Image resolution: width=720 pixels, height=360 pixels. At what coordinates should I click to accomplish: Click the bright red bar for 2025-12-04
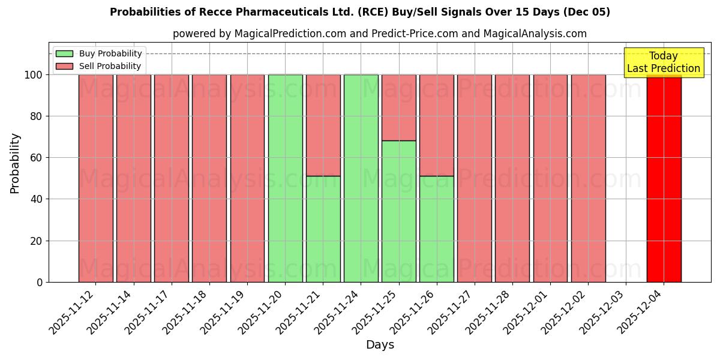tap(664, 180)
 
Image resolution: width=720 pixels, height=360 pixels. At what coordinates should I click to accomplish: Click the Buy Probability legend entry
tap(99, 53)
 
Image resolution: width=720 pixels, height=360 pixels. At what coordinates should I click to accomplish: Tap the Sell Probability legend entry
tap(99, 66)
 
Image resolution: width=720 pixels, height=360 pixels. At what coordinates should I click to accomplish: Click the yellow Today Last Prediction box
tap(664, 62)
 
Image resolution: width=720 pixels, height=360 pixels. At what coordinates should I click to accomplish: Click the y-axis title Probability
tap(15, 163)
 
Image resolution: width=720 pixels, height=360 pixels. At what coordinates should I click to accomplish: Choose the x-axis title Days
tap(380, 345)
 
